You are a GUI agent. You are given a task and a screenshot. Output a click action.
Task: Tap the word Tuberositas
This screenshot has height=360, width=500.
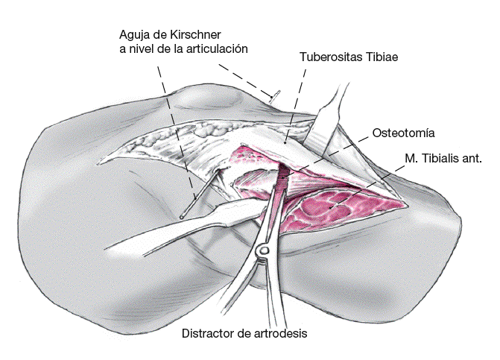[332, 57]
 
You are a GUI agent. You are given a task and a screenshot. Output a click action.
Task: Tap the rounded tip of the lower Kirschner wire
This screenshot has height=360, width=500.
[182, 216]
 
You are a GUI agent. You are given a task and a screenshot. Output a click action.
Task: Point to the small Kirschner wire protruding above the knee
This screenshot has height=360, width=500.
[274, 95]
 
